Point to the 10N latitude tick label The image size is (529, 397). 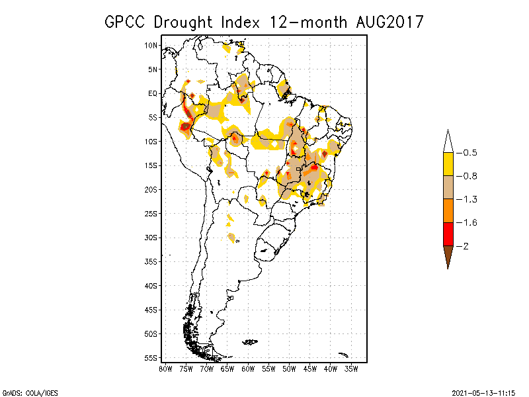click(151, 45)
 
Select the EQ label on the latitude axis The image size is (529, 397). click(153, 93)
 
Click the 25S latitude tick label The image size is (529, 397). click(151, 213)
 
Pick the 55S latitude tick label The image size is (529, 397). click(151, 357)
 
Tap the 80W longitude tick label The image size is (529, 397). click(165, 369)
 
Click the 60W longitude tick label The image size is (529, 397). click(248, 369)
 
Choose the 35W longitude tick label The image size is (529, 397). click(351, 369)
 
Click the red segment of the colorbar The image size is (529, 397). click(448, 234)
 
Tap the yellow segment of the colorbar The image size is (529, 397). click(448, 164)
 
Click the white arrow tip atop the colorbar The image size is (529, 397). click(448, 141)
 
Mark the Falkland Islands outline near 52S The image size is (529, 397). click(250, 341)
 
